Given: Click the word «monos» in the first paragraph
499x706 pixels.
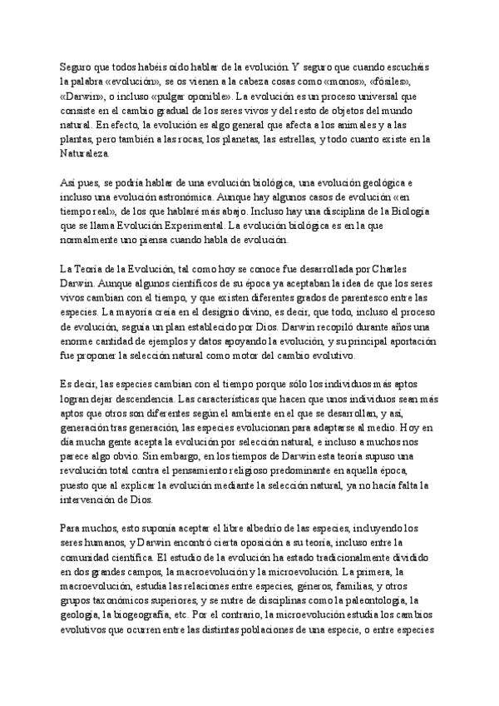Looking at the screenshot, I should (346, 84).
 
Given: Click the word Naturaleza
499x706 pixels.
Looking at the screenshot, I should (83, 154).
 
